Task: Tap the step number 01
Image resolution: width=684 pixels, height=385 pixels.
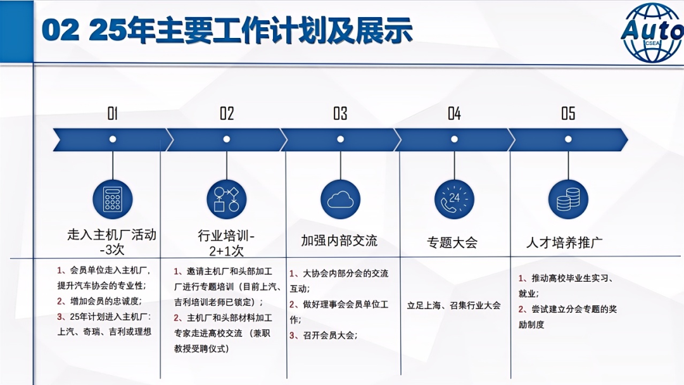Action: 113,113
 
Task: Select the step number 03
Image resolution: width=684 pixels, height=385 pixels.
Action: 340,113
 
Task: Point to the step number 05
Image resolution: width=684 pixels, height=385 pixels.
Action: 568,113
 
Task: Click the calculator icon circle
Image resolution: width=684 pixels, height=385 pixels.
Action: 113,199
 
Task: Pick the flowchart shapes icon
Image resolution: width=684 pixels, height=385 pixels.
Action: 226,199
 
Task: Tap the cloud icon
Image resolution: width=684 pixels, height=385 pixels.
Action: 340,199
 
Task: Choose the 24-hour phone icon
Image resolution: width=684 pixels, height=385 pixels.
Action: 454,199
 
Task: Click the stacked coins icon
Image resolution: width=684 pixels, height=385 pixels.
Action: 568,199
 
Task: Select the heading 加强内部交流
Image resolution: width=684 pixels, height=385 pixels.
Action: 339,241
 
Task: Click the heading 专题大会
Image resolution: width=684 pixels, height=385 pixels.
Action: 452,243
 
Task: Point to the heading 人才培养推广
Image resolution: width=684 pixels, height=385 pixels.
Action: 564,243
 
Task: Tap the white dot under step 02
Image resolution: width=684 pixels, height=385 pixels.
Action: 226,139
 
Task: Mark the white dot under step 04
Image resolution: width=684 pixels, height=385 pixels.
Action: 454,139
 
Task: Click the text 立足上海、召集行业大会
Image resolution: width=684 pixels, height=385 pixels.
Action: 453,305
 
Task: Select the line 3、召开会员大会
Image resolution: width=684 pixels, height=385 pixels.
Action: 323,336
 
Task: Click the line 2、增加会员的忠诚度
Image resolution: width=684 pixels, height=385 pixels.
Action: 99,301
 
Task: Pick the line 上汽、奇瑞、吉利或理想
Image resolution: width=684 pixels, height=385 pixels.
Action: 104,331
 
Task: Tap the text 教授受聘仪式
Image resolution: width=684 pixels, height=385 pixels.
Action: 201,349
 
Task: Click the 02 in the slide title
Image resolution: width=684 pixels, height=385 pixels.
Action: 61,30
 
